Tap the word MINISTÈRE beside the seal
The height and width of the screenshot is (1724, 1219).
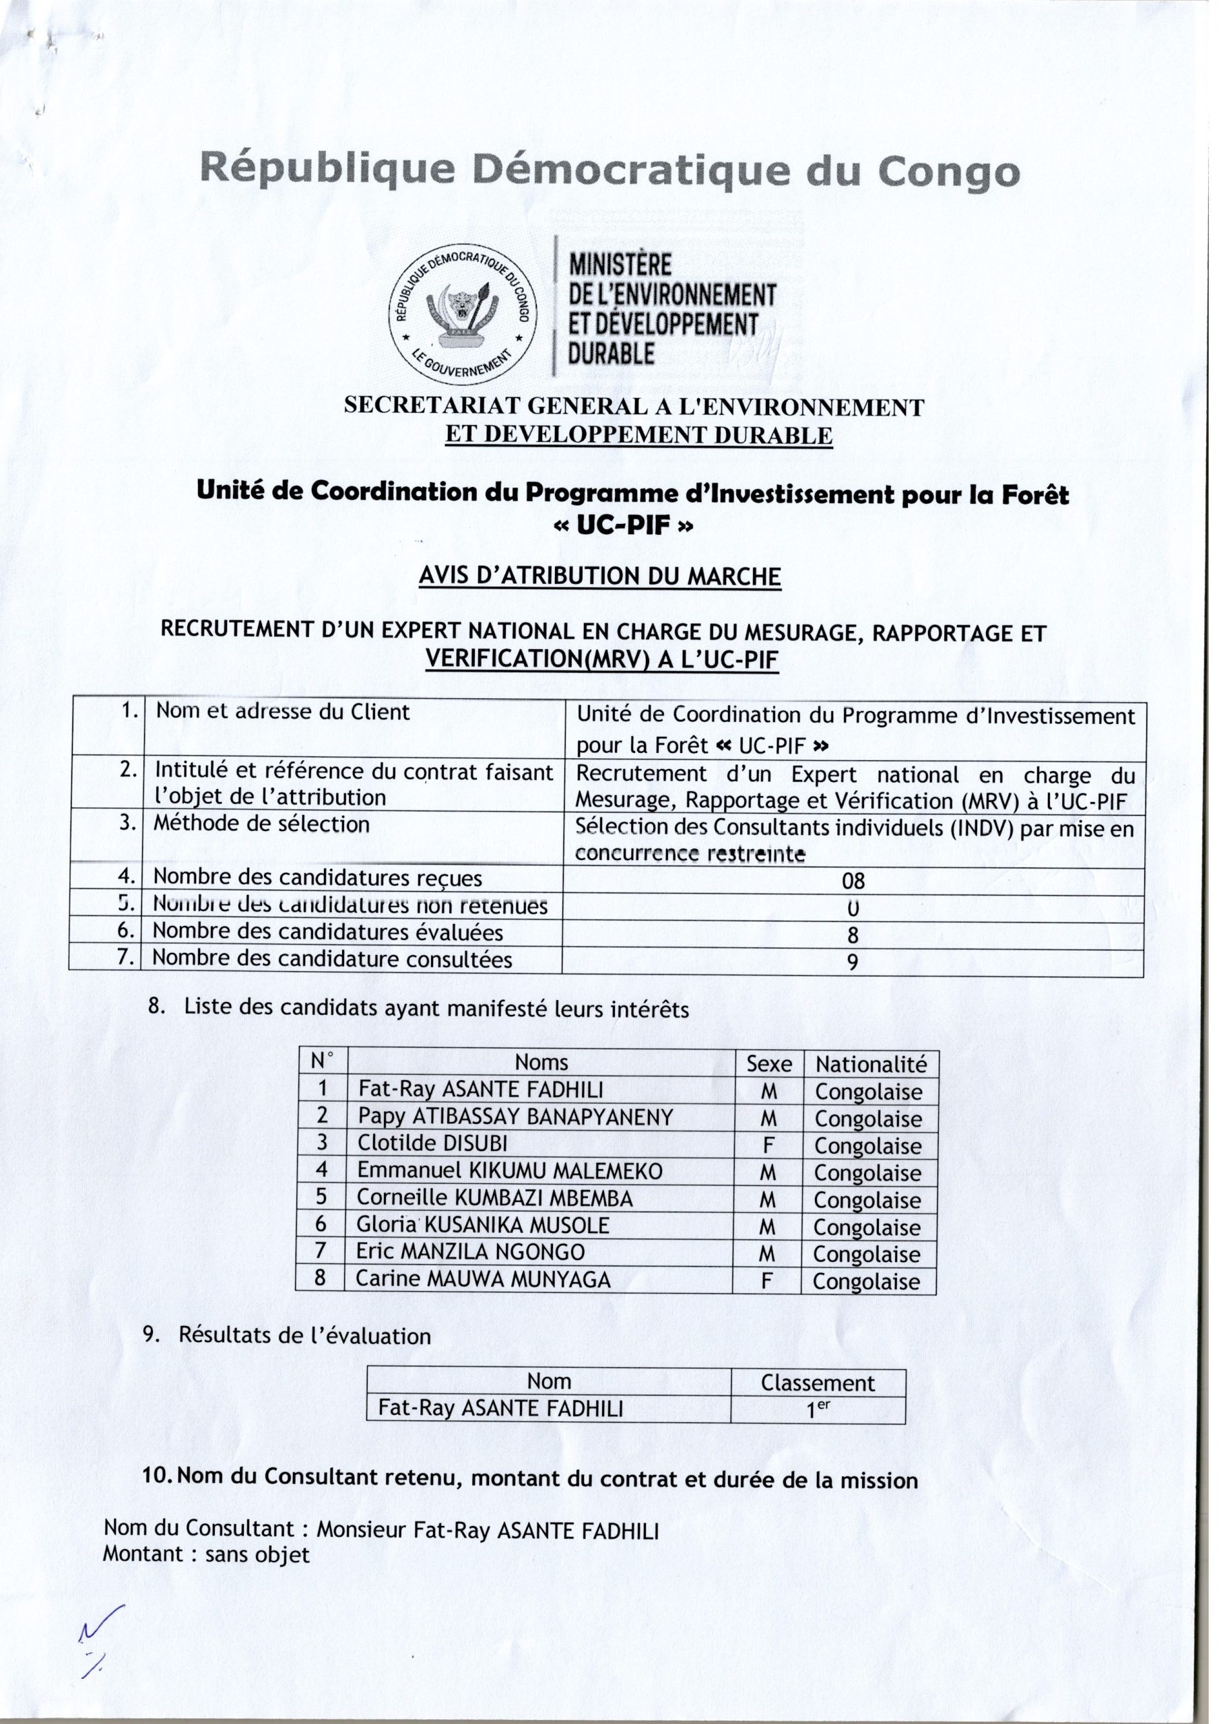click(x=620, y=266)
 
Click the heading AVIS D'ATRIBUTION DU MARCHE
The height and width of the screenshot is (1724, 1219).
click(x=599, y=576)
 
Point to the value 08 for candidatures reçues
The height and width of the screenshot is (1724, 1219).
click(x=853, y=880)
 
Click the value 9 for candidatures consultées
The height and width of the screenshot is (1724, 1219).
click(x=853, y=962)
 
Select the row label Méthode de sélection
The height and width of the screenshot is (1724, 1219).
click(x=261, y=824)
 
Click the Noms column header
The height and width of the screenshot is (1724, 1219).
click(x=541, y=1063)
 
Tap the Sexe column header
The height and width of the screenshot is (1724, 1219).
click(x=768, y=1064)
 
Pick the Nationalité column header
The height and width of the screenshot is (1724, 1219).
click(x=871, y=1064)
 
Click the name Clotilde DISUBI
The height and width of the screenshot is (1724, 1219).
click(x=432, y=1143)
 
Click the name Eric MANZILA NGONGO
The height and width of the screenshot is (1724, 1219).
click(x=470, y=1252)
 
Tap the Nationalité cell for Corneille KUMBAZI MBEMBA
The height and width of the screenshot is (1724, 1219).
click(x=867, y=1200)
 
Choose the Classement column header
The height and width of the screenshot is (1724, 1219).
click(x=818, y=1383)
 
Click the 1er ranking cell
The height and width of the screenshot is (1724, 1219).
click(x=818, y=1410)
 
